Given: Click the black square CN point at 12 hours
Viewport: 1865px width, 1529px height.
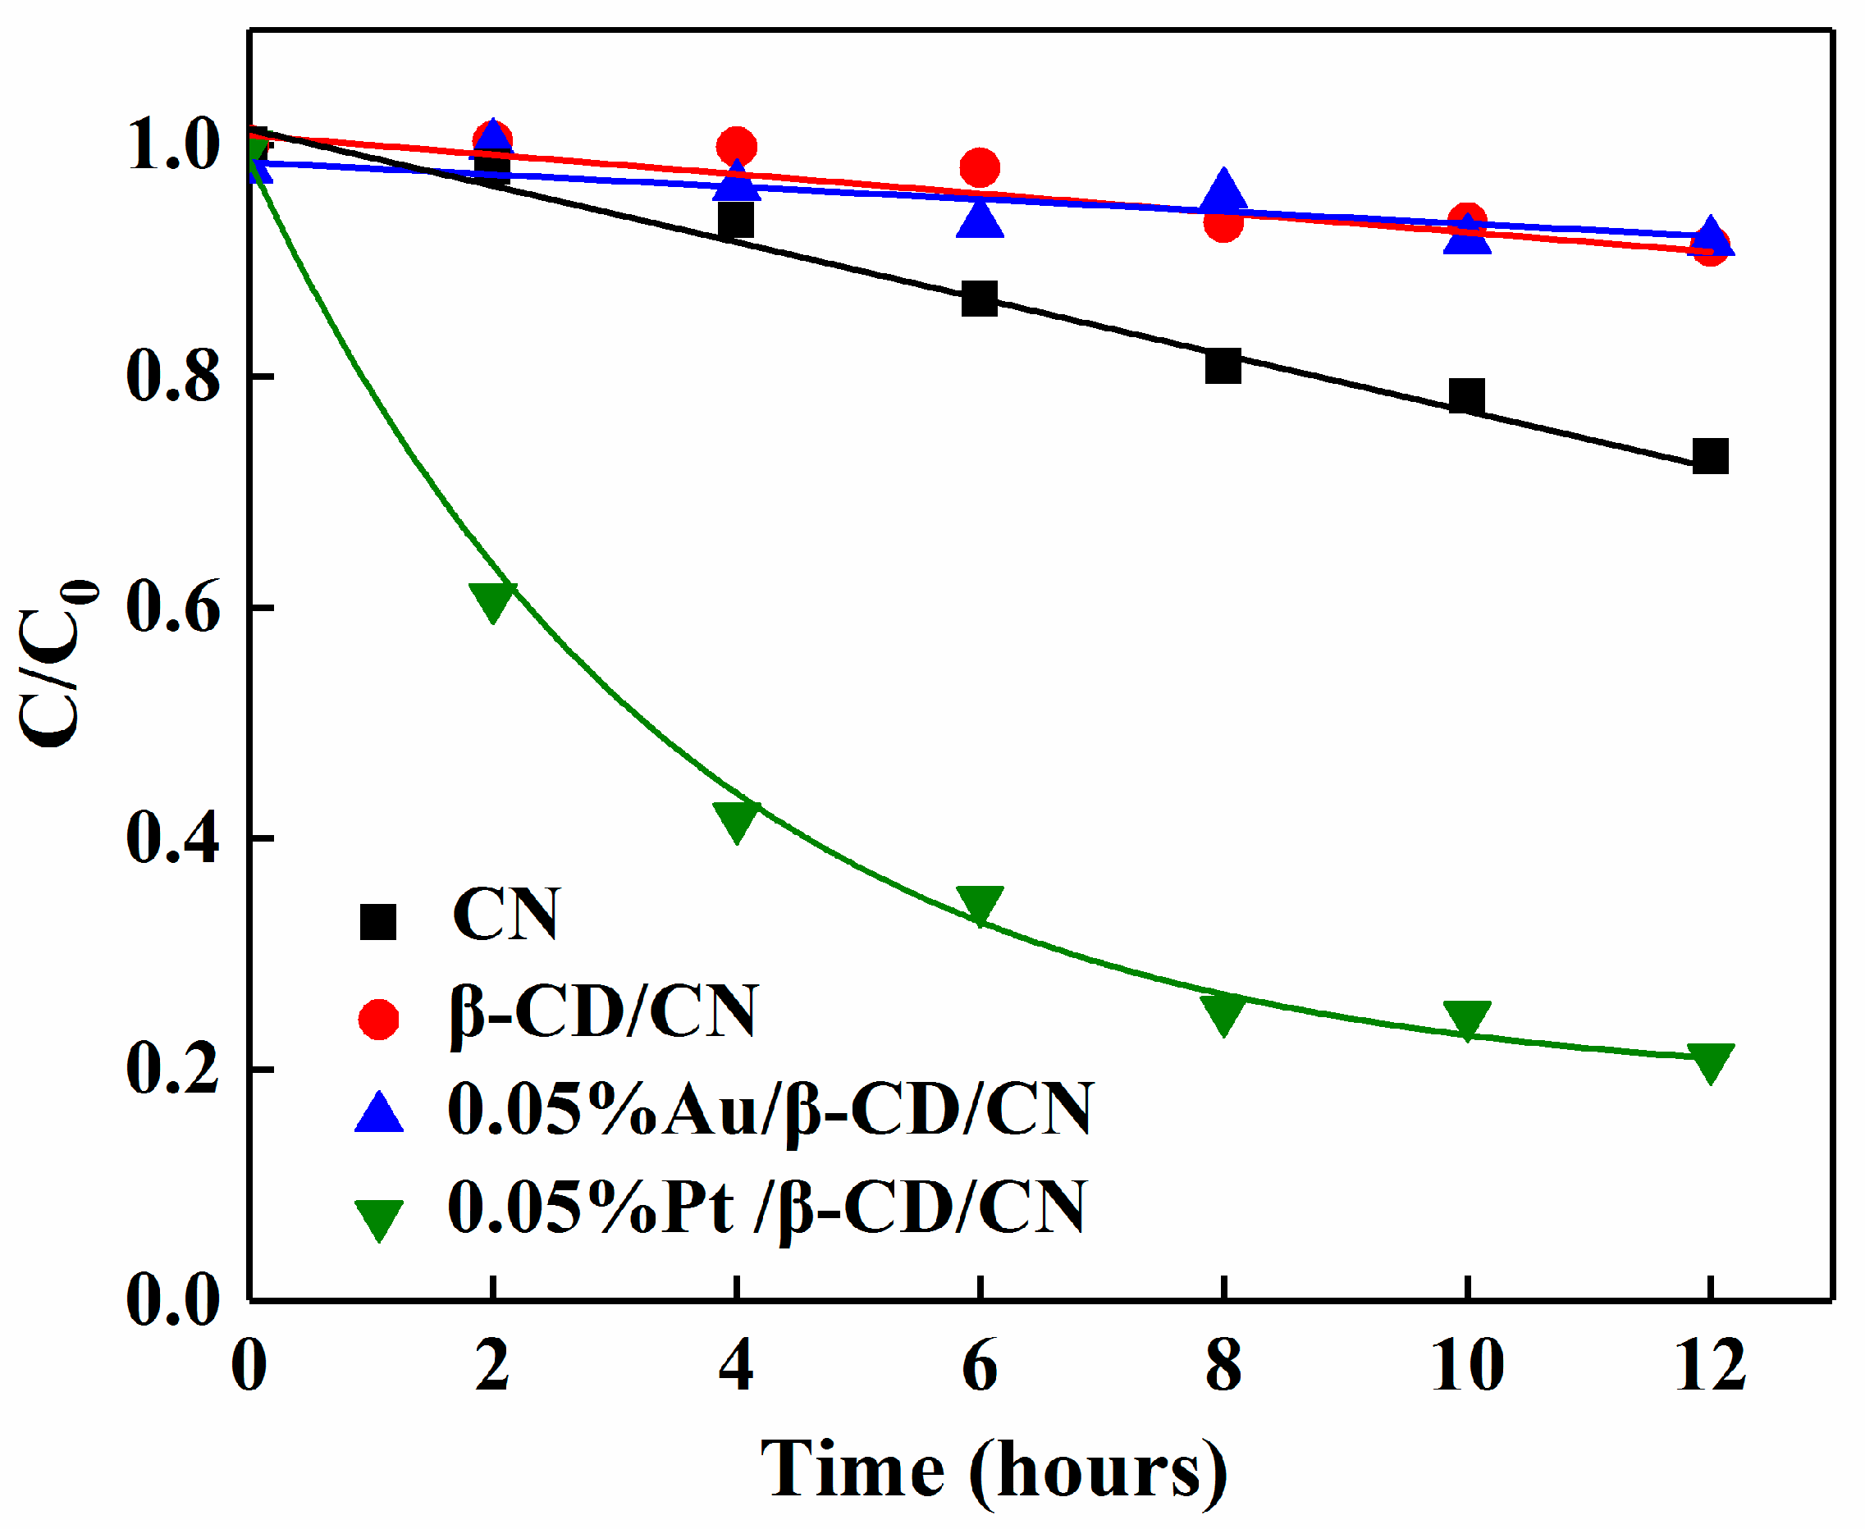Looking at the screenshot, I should pyautogui.click(x=1710, y=456).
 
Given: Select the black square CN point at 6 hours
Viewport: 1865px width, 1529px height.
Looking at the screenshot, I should pyautogui.click(x=980, y=299).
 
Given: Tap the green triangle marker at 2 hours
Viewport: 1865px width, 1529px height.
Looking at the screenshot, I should pyautogui.click(x=492, y=600).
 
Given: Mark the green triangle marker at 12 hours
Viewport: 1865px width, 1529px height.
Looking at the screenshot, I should pyautogui.click(x=1710, y=1061).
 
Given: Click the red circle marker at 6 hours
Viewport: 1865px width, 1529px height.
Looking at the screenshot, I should pyautogui.click(x=980, y=167).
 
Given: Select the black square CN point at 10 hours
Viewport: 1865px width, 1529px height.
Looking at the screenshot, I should pyautogui.click(x=1467, y=396).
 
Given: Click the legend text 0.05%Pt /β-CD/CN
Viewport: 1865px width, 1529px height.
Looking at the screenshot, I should pyautogui.click(x=766, y=1207).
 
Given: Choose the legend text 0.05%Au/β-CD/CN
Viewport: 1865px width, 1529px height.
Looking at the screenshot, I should pyautogui.click(x=770, y=1110).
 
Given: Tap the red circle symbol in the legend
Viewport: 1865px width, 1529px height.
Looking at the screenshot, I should pyautogui.click(x=379, y=1019).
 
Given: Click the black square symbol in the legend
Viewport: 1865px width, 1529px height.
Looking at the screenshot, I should pyautogui.click(x=379, y=922).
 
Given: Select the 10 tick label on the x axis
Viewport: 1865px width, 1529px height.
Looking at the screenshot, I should pyautogui.click(x=1467, y=1366).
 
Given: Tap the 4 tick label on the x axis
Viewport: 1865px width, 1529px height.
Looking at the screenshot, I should pyautogui.click(x=737, y=1366).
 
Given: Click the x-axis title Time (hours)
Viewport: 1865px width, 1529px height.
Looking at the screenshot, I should pyautogui.click(x=994, y=1470).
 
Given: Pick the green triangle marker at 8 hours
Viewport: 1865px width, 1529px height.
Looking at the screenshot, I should pyautogui.click(x=1223, y=1013).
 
